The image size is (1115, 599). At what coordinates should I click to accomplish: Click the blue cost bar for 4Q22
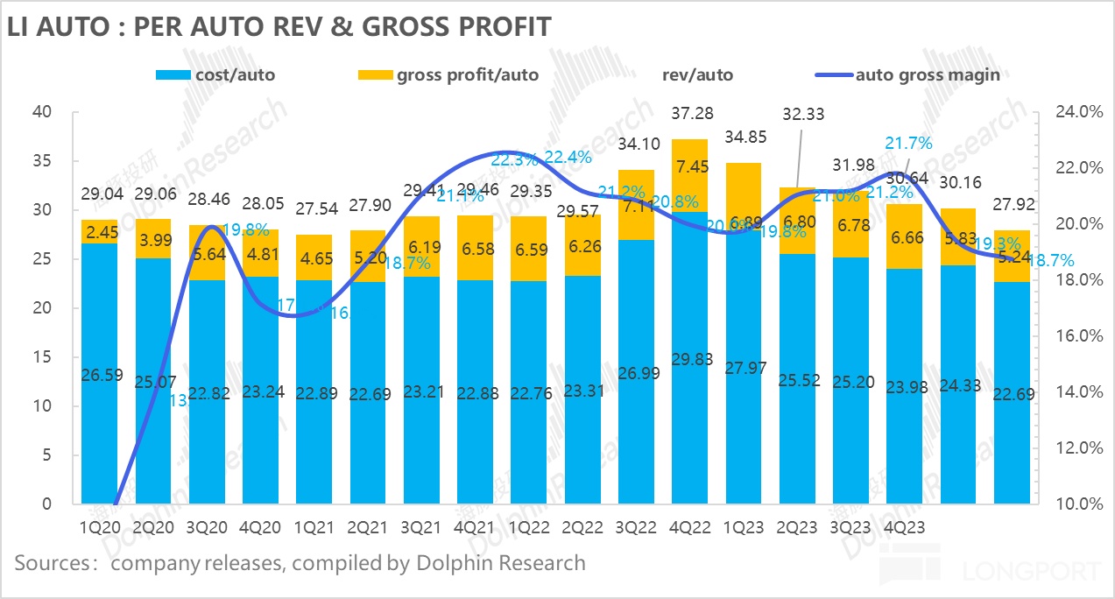tap(691, 368)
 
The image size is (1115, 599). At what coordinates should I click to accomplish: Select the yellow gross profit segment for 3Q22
tap(638, 205)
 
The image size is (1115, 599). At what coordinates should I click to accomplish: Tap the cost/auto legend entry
tap(215, 74)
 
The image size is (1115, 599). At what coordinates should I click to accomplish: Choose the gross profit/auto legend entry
tap(449, 74)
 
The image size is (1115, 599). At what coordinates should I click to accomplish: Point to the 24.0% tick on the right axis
tap(1068, 112)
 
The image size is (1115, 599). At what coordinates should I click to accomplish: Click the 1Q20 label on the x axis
tap(99, 528)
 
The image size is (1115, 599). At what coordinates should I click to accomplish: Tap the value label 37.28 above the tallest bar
tap(692, 113)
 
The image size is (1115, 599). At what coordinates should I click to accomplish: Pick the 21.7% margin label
tap(909, 142)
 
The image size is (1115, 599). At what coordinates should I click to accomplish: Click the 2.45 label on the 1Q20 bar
tap(99, 232)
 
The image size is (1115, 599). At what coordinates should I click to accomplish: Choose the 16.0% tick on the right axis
tap(1068, 336)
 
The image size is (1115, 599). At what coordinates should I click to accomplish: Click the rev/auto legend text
tap(698, 74)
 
